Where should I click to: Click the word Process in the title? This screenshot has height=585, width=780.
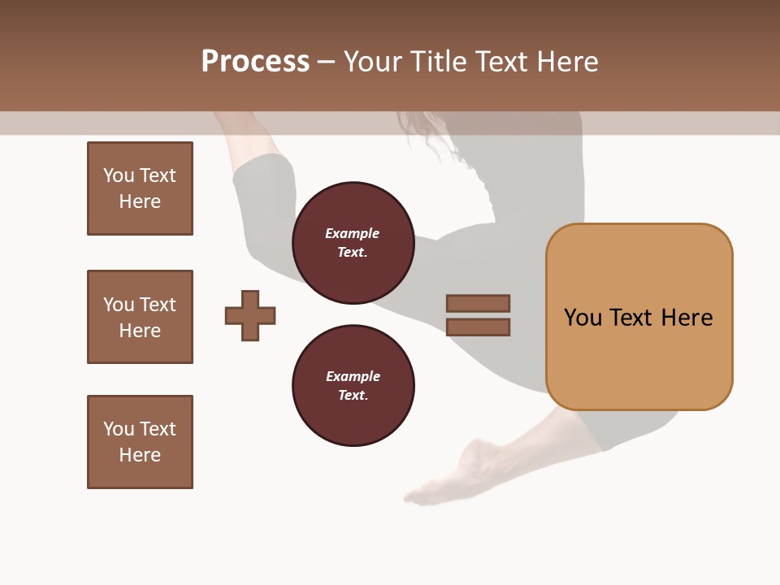pos(255,62)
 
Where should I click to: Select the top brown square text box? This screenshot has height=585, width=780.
pos(140,188)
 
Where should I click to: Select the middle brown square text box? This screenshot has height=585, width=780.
pos(140,317)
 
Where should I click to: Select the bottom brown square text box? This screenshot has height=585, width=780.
pos(140,442)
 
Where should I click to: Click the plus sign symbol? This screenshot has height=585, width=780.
pos(250,315)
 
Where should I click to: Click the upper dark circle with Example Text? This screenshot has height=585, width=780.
pos(353,243)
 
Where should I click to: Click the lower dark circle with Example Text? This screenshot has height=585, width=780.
pos(353,386)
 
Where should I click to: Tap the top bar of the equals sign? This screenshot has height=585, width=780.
pos(478,304)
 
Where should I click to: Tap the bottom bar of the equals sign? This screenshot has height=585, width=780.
pos(478,327)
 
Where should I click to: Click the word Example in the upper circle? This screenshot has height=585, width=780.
pos(353,233)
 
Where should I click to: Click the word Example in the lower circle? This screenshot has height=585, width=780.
pos(353,376)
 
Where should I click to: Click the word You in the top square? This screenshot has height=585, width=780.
pos(119,175)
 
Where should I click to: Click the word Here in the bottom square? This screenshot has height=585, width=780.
pos(140,455)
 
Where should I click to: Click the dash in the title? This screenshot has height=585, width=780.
pos(326,62)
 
